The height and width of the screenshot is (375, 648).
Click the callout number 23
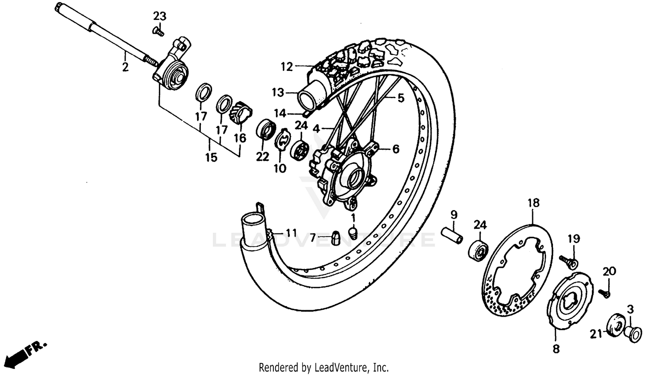click(159, 16)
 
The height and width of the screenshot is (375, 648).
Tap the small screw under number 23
click(159, 31)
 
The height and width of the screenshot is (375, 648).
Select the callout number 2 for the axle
click(125, 67)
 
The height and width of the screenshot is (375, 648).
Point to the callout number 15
click(211, 157)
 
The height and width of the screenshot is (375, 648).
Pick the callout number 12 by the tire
click(286, 67)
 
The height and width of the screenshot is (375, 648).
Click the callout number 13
click(277, 92)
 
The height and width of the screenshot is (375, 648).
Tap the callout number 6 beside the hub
click(395, 149)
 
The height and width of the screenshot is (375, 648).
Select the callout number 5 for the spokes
click(400, 98)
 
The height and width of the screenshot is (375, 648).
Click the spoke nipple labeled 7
click(335, 237)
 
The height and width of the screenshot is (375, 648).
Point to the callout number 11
click(291, 233)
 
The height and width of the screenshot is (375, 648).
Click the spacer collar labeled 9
click(452, 236)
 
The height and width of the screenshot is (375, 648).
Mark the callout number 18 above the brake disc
click(533, 203)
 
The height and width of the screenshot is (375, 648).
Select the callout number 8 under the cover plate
click(556, 348)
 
